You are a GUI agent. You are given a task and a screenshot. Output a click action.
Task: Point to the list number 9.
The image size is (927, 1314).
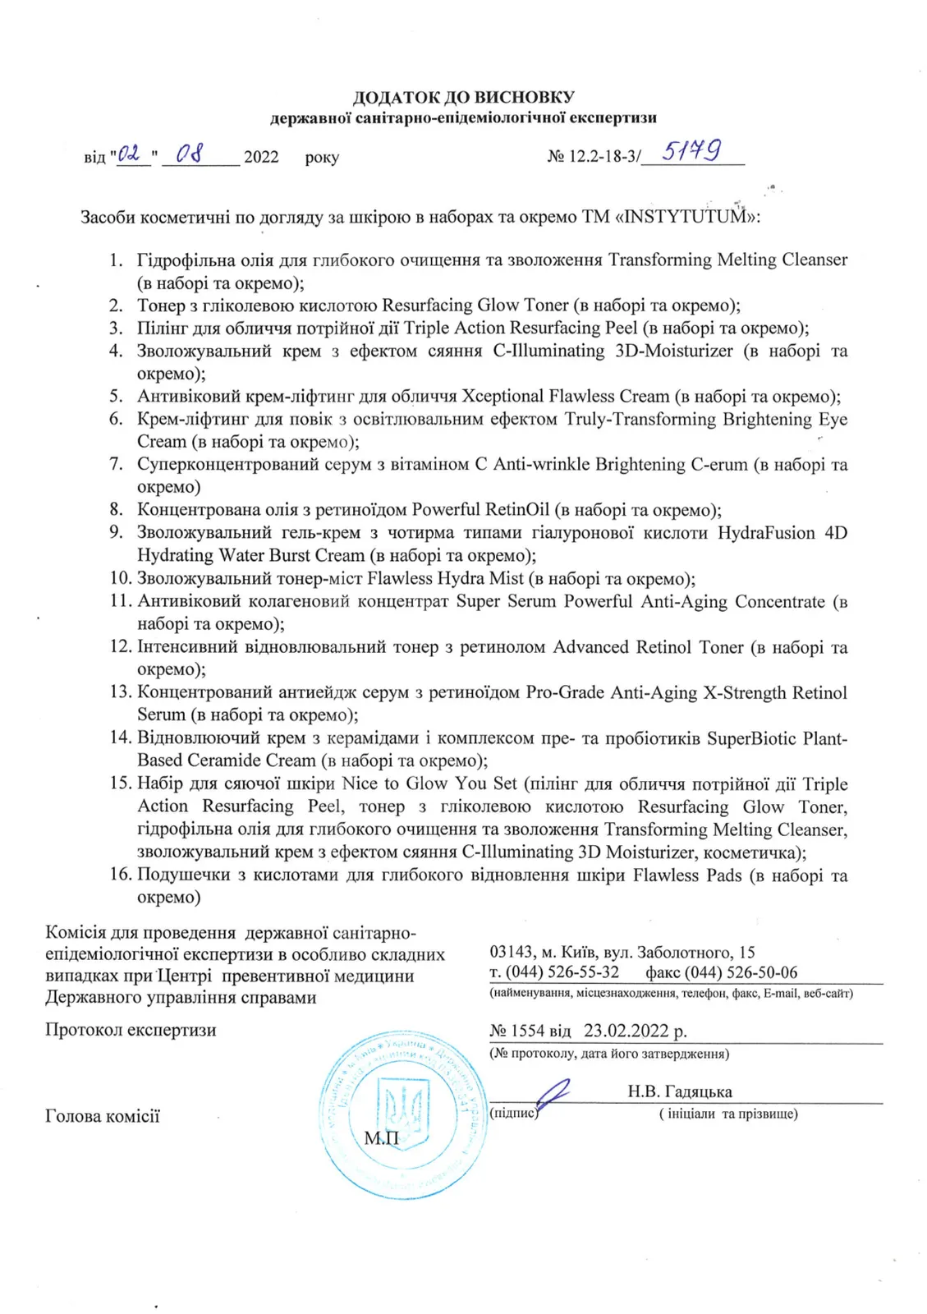(117, 532)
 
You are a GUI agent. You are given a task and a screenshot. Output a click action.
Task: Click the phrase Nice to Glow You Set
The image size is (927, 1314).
(430, 783)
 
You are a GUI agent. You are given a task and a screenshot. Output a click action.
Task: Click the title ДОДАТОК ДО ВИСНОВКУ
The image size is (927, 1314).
(463, 98)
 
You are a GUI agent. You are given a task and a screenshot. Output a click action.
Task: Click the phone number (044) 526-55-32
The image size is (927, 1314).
(562, 973)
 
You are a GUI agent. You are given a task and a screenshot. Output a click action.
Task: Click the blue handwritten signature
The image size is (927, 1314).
(550, 1096)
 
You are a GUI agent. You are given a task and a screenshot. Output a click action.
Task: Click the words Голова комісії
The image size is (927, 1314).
(103, 1116)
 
